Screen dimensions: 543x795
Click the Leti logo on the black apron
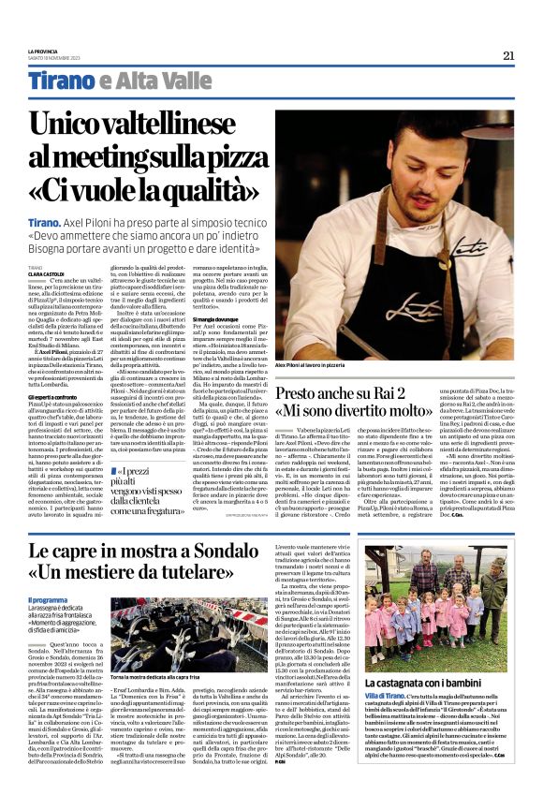pyautogui.click(x=479, y=304)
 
